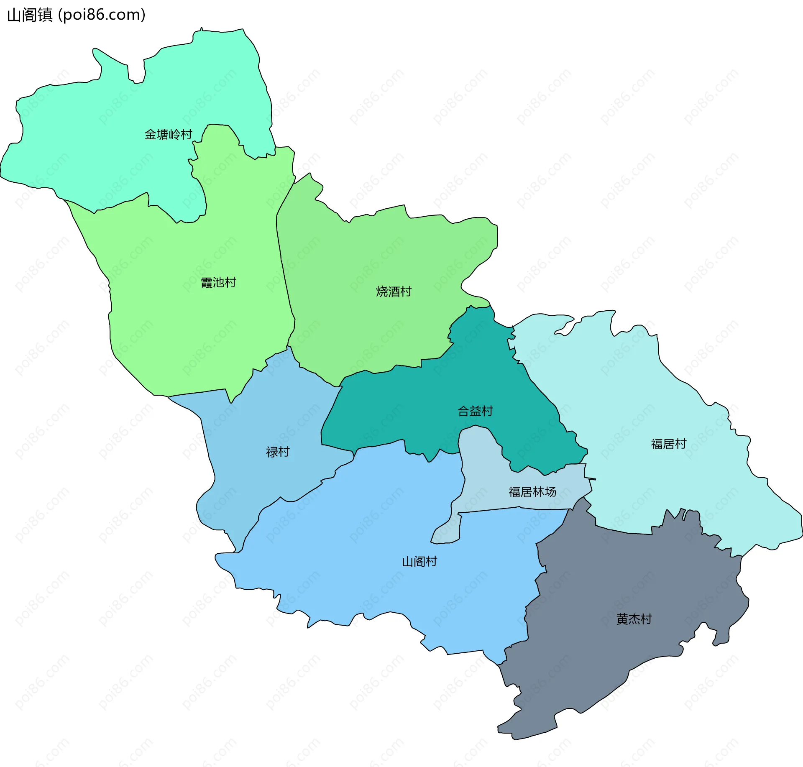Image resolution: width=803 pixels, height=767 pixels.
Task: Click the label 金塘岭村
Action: [x=168, y=134]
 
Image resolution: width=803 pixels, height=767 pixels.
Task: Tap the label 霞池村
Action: [x=218, y=283]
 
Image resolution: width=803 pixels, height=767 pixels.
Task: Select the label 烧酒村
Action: [x=394, y=291]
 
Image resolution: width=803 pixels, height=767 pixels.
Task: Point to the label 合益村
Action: [x=475, y=411]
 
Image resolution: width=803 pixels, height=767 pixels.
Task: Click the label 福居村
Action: [x=668, y=444]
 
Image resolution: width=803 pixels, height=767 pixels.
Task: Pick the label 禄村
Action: [x=278, y=452]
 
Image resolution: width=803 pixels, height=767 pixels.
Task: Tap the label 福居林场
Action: [x=532, y=492]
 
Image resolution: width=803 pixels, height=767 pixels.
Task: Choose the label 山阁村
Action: [x=419, y=562]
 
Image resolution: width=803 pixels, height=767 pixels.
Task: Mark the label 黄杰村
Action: [x=634, y=619]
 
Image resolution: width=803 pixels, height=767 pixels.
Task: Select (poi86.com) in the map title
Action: [x=102, y=15]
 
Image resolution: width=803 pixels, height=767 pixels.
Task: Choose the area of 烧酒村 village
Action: [x=376, y=251]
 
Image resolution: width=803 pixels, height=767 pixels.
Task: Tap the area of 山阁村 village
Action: [x=376, y=523]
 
